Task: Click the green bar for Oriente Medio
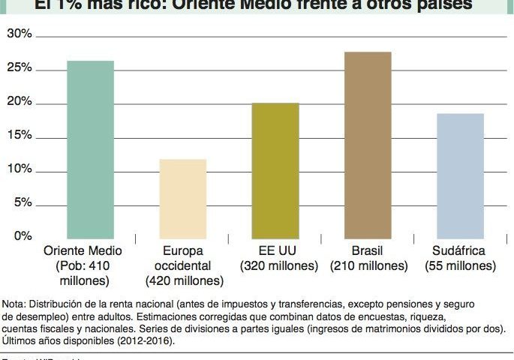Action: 90,149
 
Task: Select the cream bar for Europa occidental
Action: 183,199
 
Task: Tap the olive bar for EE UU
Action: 275,170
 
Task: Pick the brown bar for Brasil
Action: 368,145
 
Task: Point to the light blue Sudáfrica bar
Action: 460,175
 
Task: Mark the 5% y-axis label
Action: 22,203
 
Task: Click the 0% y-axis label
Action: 22,237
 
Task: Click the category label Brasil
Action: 368,251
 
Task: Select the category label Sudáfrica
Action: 460,251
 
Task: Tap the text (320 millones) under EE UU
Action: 275,266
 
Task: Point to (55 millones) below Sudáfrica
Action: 460,266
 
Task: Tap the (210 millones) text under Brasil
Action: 368,266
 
